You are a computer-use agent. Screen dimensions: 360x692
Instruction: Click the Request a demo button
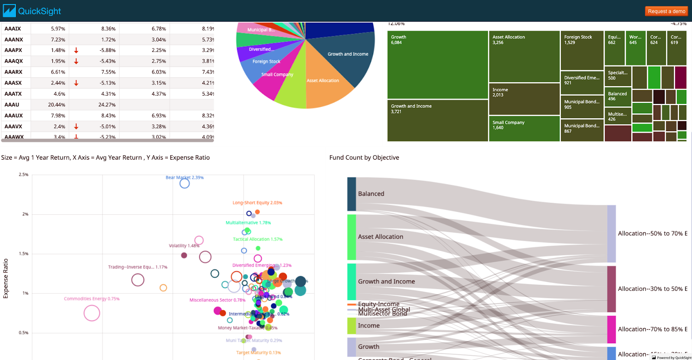[666, 11]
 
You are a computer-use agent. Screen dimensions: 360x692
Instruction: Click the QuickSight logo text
[39, 11]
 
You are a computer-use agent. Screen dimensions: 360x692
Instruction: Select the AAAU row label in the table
[12, 105]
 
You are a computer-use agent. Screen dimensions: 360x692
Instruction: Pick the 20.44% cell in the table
[57, 105]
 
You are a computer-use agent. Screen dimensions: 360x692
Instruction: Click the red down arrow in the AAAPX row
[76, 51]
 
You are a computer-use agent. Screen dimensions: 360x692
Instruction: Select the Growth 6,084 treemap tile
[437, 65]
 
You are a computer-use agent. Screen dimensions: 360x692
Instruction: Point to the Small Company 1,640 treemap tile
[524, 129]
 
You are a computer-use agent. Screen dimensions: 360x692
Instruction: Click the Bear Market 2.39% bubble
[185, 183]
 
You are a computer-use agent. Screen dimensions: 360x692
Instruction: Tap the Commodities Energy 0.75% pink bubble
[92, 313]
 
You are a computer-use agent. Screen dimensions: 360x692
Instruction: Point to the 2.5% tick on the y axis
[24, 175]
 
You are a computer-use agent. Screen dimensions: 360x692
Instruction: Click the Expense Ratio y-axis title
[6, 278]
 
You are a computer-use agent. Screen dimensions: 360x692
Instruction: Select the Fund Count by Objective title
[364, 157]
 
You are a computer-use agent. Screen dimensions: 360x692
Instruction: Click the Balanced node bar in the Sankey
[352, 194]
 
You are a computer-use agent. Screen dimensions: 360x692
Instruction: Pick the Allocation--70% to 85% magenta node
[611, 329]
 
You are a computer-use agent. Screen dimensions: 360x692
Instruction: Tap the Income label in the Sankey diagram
[369, 325]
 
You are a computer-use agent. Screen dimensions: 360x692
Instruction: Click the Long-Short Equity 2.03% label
[257, 202]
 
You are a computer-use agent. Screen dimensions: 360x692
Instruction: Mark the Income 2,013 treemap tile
[524, 99]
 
